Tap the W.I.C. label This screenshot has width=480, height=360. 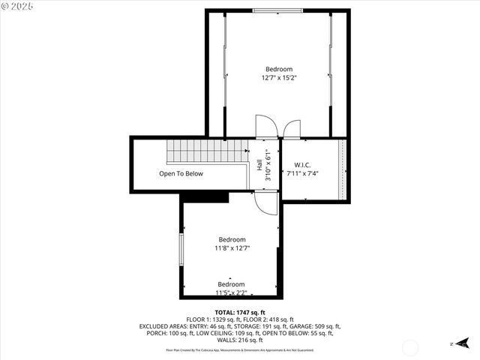tap(302, 165)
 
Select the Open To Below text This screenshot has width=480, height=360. tap(181, 173)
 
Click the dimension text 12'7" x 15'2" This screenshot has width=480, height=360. tap(278, 77)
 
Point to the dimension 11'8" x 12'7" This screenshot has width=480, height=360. tap(232, 247)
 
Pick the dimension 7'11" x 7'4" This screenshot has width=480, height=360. tap(303, 173)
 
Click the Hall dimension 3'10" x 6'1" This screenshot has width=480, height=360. tap(268, 165)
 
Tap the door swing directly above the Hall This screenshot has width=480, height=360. tap(265, 127)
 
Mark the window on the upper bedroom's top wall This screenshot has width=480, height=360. tap(278, 11)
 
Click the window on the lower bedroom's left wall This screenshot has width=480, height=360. tap(181, 248)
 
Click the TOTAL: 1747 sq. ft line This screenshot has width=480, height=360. tap(240, 312)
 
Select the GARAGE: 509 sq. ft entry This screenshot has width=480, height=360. tap(319, 326)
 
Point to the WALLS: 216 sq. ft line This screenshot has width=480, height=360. tap(240, 340)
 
